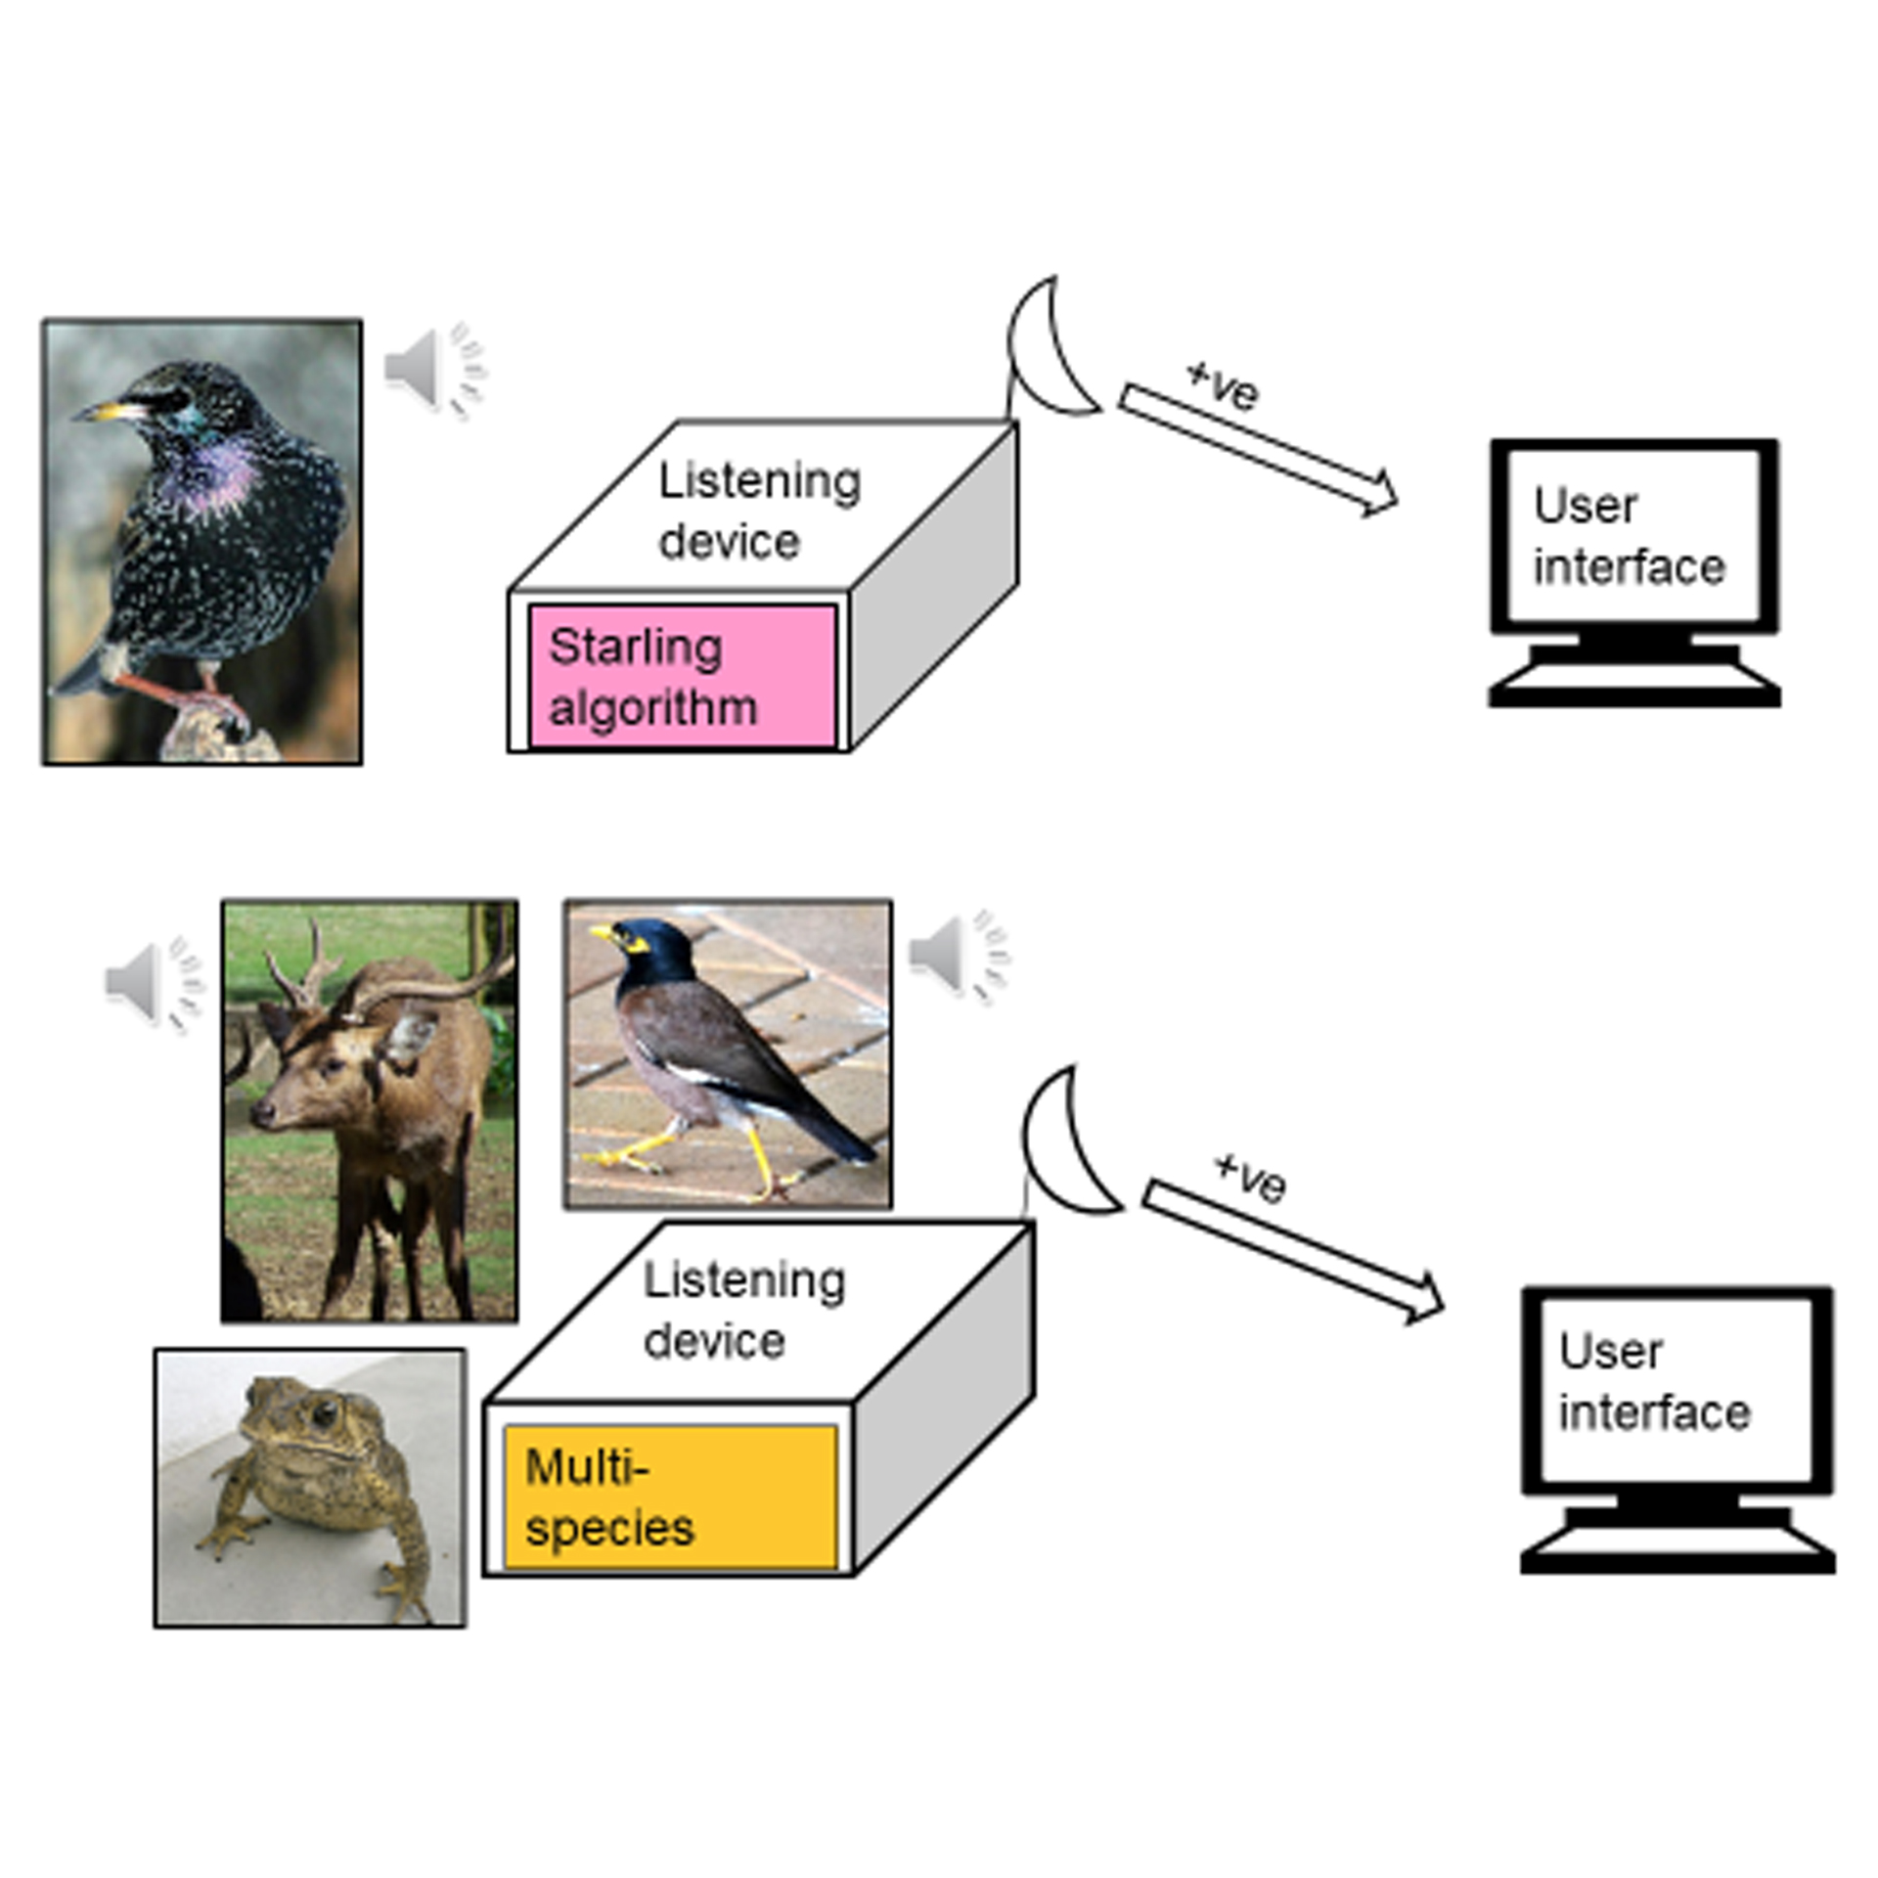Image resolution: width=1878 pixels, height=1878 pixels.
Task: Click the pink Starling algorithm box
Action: click(682, 676)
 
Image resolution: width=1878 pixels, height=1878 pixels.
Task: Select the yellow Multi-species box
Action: click(670, 1497)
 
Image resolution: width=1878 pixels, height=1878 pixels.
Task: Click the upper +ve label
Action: click(1223, 385)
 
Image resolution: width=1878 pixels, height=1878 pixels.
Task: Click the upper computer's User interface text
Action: click(1629, 537)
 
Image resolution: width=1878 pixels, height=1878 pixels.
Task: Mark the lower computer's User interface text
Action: click(1654, 1381)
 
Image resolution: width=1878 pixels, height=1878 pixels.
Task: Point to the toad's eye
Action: click(324, 1411)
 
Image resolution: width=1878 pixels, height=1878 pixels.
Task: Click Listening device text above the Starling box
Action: click(758, 511)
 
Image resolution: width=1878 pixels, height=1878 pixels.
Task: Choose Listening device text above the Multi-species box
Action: click(743, 1310)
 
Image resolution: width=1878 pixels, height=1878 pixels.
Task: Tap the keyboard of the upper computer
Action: click(1633, 686)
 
